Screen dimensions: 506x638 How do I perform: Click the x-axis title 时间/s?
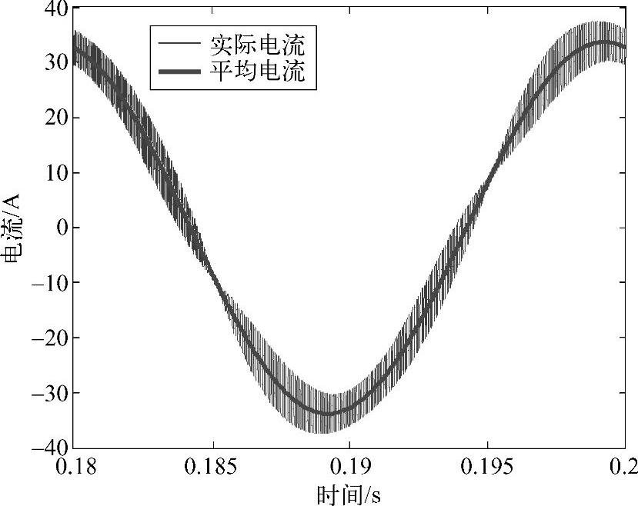point(348,493)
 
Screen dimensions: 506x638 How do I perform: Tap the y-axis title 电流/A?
point(15,228)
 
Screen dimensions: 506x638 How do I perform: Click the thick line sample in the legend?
point(179,72)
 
